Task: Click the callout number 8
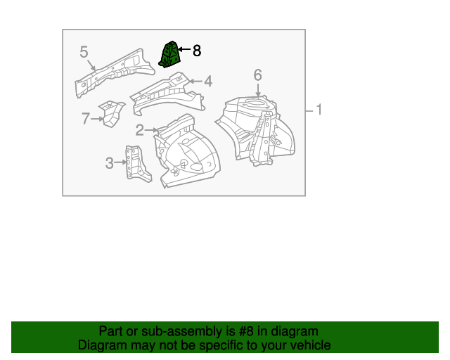click(x=197, y=51)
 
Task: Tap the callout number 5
click(x=84, y=51)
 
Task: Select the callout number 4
click(x=208, y=82)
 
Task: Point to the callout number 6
click(x=257, y=75)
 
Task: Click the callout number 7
click(x=86, y=119)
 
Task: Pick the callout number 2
click(x=140, y=129)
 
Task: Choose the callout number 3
click(x=110, y=163)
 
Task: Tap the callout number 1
click(x=319, y=110)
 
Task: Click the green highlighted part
click(x=171, y=55)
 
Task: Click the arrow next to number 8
click(x=184, y=50)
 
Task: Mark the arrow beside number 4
click(x=196, y=82)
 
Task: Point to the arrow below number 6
click(x=258, y=89)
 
